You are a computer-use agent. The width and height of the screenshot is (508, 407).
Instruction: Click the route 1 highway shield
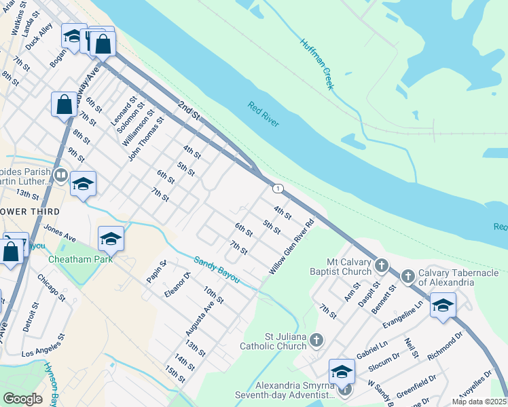coord(278,187)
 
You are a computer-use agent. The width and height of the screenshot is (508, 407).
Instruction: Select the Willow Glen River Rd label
coord(291,246)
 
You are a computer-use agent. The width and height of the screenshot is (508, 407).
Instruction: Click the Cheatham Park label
coord(75,259)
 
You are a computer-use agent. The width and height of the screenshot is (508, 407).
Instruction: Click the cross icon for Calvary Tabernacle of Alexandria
coord(407,276)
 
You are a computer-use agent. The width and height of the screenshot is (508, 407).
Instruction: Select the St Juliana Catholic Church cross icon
coord(316,338)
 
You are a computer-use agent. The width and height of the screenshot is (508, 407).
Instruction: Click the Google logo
coord(22,399)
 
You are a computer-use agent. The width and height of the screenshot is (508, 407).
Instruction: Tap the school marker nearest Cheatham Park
coord(111,239)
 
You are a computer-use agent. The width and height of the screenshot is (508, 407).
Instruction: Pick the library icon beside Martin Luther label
coord(60,176)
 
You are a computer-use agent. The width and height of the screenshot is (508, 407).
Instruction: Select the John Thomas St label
coord(147,138)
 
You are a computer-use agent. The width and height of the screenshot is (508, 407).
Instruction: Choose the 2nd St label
coord(189,111)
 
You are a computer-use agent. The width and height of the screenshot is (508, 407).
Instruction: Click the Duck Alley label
coord(39,36)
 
